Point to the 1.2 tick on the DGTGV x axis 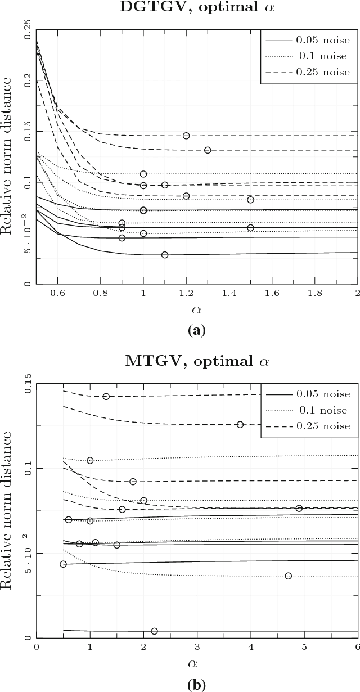186,293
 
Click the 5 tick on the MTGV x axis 304,647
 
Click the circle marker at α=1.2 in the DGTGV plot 186,136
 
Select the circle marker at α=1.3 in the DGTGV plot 208,150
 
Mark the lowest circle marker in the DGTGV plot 165,255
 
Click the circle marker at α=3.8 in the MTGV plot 240,424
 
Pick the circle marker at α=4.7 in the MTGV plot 289,576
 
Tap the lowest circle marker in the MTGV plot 154,631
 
